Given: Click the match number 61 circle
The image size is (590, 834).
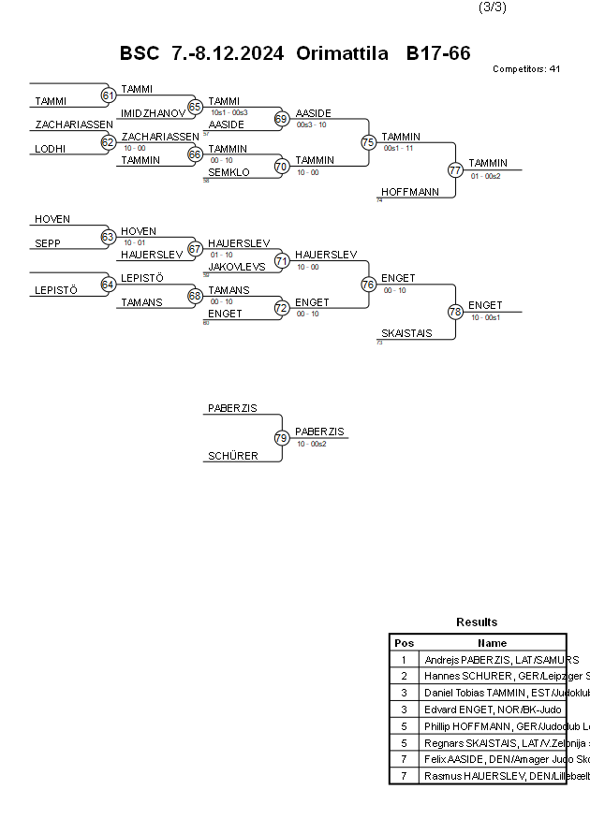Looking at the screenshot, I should (108, 95).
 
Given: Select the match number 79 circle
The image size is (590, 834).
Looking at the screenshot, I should (282, 437).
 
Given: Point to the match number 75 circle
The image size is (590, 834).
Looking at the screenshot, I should (368, 142).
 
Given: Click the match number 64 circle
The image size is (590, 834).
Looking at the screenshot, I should (108, 285).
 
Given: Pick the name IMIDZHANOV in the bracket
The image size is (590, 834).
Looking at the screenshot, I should (153, 112).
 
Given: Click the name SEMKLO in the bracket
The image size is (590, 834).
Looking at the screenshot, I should (229, 172).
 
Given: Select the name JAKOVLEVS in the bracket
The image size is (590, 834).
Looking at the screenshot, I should (237, 267).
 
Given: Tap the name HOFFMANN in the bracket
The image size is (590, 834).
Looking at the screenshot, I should (410, 192).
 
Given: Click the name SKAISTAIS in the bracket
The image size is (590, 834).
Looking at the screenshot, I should (406, 333).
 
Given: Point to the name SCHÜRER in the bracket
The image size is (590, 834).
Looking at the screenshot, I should (232, 456).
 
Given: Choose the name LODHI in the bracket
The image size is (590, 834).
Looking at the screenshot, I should (50, 148).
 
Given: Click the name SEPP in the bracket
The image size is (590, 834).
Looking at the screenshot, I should (47, 243).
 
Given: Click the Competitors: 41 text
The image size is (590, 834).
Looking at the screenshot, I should (526, 69).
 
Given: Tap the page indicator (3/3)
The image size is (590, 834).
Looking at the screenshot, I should (493, 7).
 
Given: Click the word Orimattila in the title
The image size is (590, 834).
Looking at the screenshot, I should (342, 53).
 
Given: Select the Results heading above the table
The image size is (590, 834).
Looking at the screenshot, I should (477, 622).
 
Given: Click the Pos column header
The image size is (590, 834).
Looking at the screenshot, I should (404, 643).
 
